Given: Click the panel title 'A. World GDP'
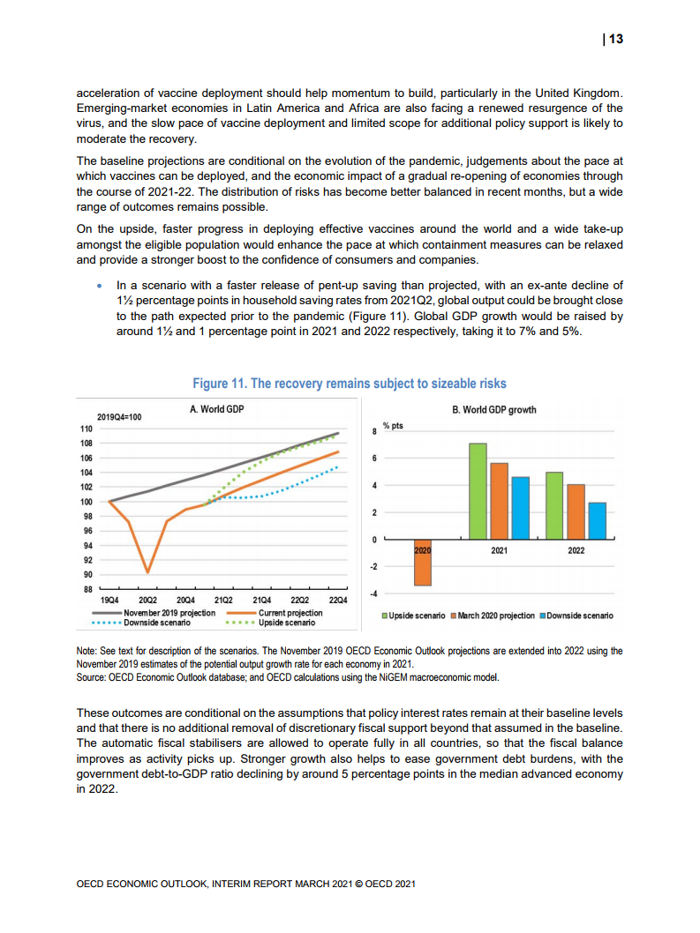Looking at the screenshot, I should click(217, 409).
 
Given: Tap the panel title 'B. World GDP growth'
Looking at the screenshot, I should click(493, 409).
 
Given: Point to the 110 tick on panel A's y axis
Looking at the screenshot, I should click(86, 428).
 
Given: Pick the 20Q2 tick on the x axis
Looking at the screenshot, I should click(147, 600).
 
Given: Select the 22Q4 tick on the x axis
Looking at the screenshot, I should click(337, 600).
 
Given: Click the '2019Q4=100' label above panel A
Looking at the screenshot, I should click(118, 416).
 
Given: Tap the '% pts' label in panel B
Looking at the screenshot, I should click(393, 426).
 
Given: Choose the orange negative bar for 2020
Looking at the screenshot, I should click(422, 563).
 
